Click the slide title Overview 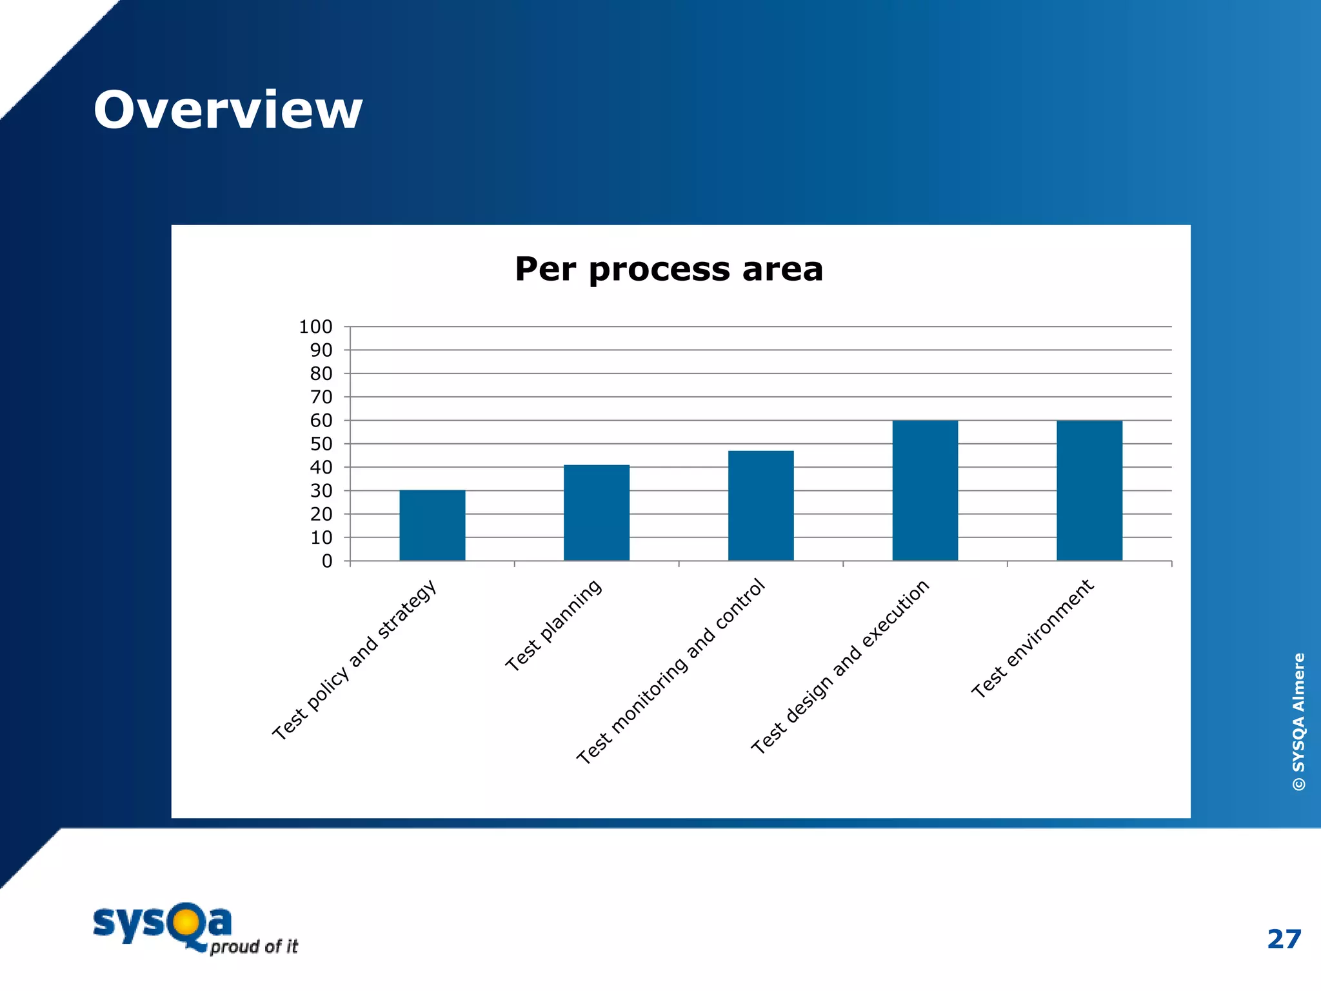point(228,110)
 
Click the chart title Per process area point(669,269)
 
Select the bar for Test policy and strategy point(432,525)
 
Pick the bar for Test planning point(597,512)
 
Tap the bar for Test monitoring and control point(760,505)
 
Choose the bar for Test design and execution point(925,490)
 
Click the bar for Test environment point(1089,490)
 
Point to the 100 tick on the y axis point(315,327)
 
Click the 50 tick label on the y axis point(321,444)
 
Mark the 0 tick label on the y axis point(327,561)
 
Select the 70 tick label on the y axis point(321,397)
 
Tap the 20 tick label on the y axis point(321,514)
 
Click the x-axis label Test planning point(553,626)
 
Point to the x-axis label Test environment point(1033,639)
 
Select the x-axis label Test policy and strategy point(355,660)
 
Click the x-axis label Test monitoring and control point(671,672)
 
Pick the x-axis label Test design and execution point(840,667)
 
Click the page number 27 point(1284,939)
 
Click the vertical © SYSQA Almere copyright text point(1298,721)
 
